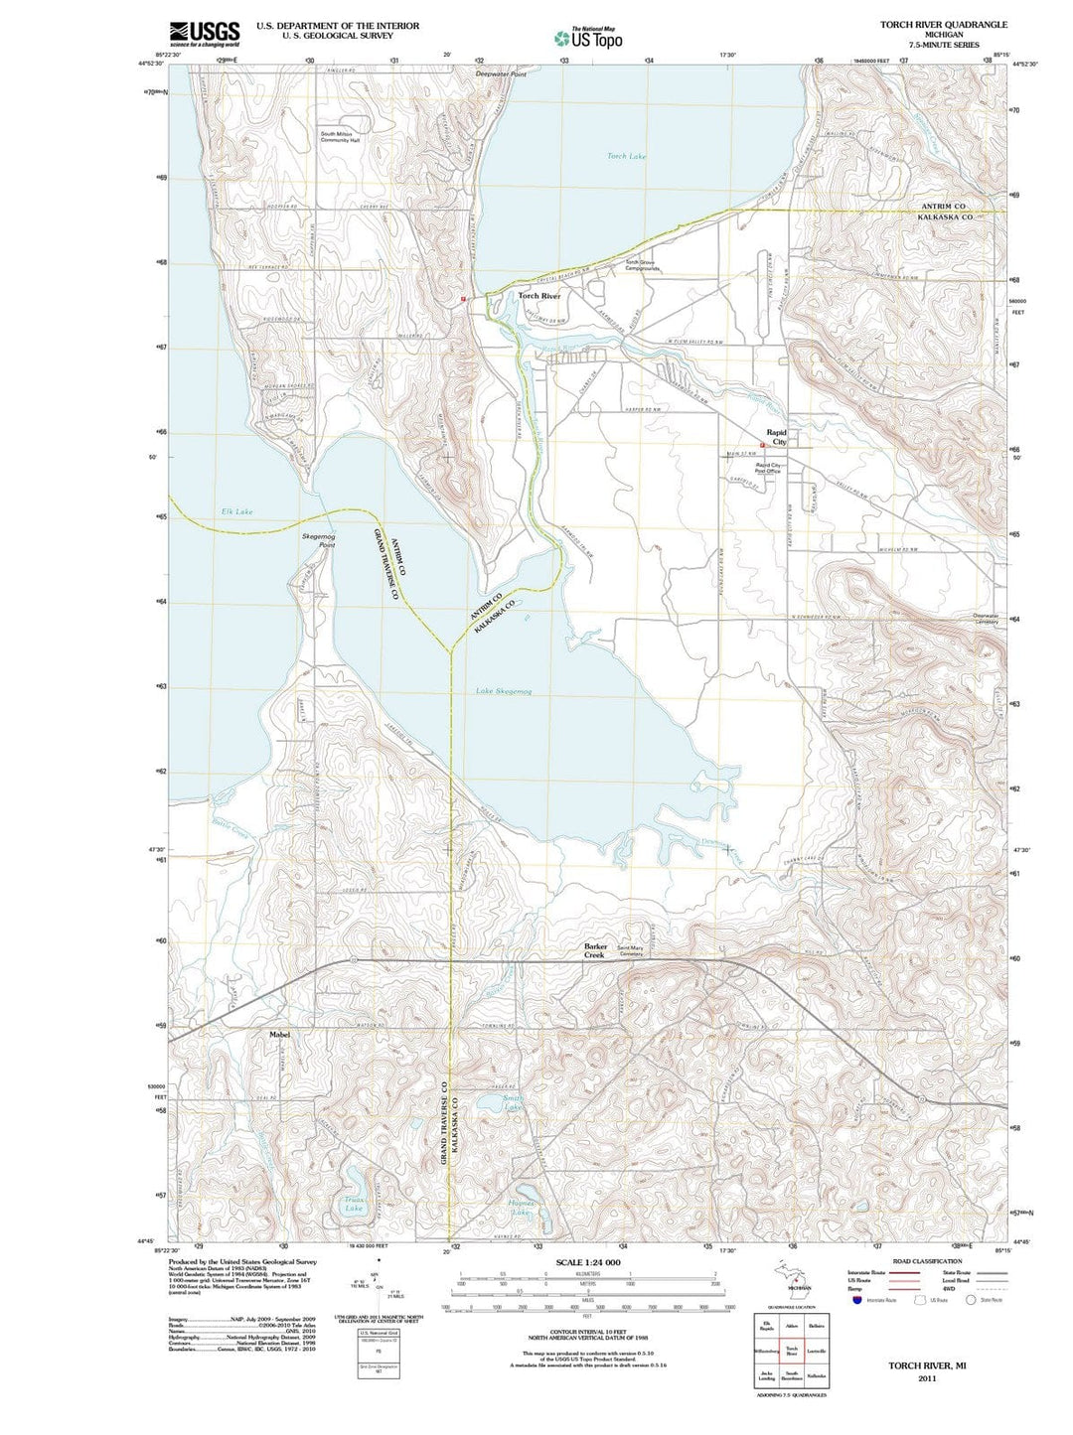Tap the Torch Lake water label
pos(626,156)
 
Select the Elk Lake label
pos(236,511)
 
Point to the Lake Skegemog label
pos(504,690)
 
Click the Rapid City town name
pos(775,437)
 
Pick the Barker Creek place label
pos(595,950)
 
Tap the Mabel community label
pos(280,1034)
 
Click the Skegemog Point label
pos(319,540)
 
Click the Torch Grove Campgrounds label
pos(642,265)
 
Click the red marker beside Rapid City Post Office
pos(762,445)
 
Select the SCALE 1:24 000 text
pos(588,1262)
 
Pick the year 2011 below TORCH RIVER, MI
pos(927,1378)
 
